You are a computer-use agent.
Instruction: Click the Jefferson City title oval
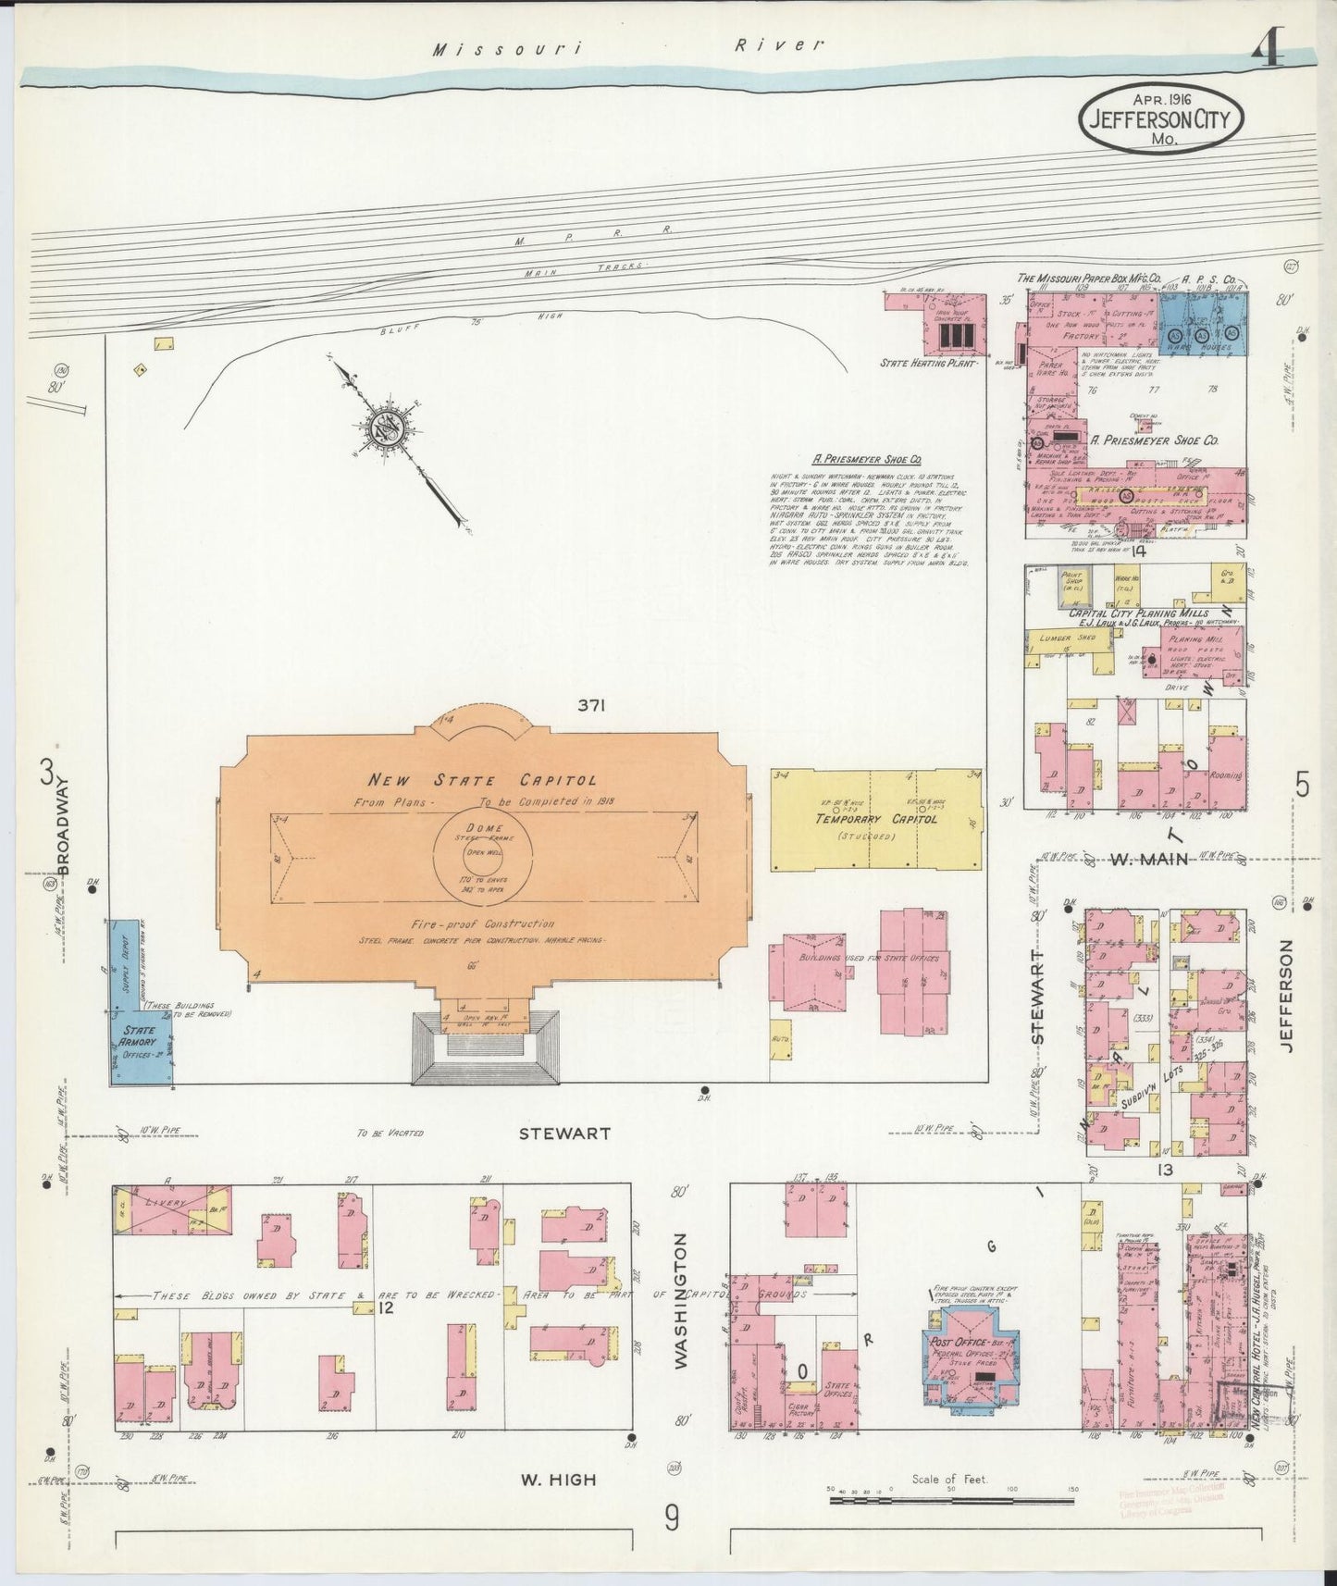click(1161, 117)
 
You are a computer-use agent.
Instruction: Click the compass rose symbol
click(386, 427)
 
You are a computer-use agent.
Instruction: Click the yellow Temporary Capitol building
click(875, 819)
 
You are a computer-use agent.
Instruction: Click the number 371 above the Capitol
click(591, 706)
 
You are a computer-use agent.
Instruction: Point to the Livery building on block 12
click(172, 1208)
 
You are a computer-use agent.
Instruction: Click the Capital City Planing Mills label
click(1137, 613)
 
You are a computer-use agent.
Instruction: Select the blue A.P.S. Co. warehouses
click(1203, 321)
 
